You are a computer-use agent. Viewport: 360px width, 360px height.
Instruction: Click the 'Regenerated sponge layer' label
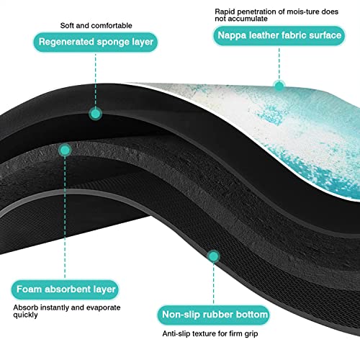[x=96, y=42]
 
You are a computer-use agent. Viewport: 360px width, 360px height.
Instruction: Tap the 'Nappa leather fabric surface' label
[x=279, y=35]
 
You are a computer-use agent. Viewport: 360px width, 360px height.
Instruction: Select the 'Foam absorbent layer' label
[x=66, y=289]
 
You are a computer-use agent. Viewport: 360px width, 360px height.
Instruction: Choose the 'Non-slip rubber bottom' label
[x=214, y=315]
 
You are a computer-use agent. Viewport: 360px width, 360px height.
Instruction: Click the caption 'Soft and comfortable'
[x=96, y=25]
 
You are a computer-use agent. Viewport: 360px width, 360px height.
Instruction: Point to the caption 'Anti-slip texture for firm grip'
[x=210, y=333]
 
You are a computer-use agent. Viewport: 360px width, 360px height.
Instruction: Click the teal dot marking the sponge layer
[x=96, y=114]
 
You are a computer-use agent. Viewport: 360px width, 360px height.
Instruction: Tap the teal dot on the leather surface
[x=279, y=86]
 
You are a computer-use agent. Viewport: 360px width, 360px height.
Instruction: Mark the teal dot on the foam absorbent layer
[x=65, y=150]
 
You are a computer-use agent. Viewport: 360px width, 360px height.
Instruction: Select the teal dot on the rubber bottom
[x=213, y=256]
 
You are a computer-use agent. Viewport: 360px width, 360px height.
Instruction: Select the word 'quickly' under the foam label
[x=25, y=315]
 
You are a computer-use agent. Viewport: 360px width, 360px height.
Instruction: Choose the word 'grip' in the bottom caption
[x=251, y=334]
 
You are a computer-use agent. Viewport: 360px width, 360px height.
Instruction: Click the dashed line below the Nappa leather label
[x=279, y=63]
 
